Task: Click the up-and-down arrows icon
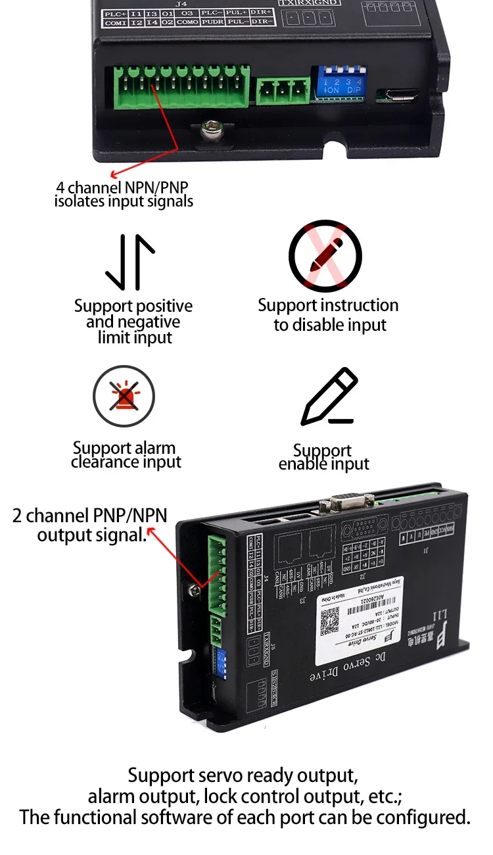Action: point(130,262)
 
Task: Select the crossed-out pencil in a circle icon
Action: point(326,256)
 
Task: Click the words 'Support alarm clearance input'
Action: point(125,455)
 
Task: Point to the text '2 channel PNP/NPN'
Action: point(90,515)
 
